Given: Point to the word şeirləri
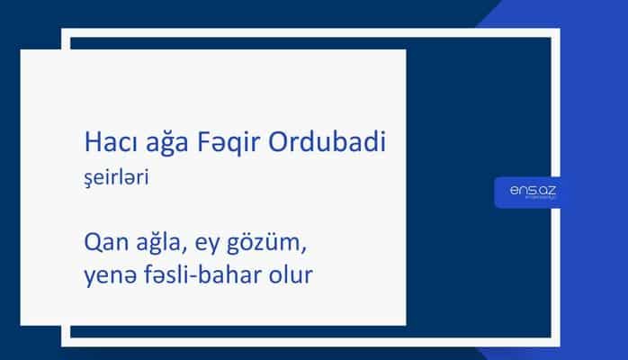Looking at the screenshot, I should tap(114, 178).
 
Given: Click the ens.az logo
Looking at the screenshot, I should tap(531, 192).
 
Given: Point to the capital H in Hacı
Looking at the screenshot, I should tap(88, 142).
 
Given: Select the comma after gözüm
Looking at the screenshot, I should tap(297, 249).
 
